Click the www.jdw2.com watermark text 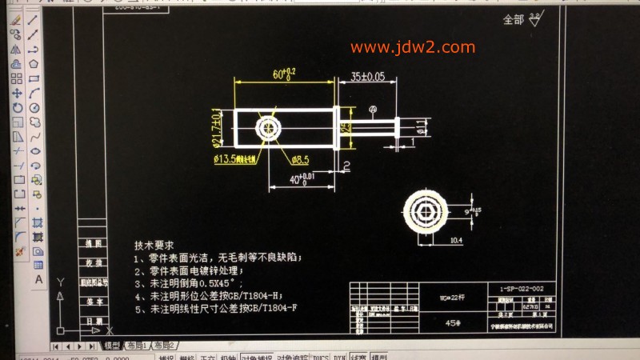tap(412, 47)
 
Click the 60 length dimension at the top tap(284, 74)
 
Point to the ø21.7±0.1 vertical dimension tap(215, 128)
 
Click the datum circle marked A tap(372, 108)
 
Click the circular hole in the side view tap(267, 127)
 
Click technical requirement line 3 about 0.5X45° tap(197, 282)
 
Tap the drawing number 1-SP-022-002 tap(521, 289)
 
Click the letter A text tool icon tap(38, 279)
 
